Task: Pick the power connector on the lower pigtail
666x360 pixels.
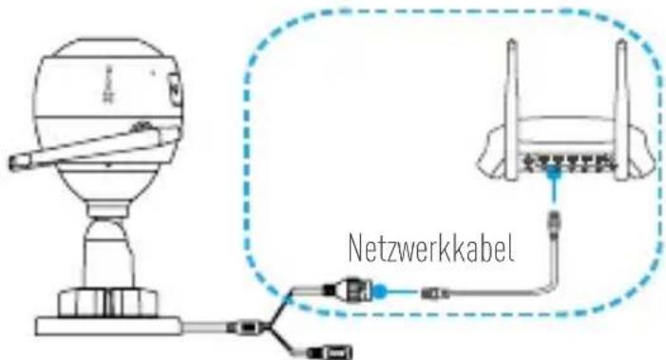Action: tap(333, 352)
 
